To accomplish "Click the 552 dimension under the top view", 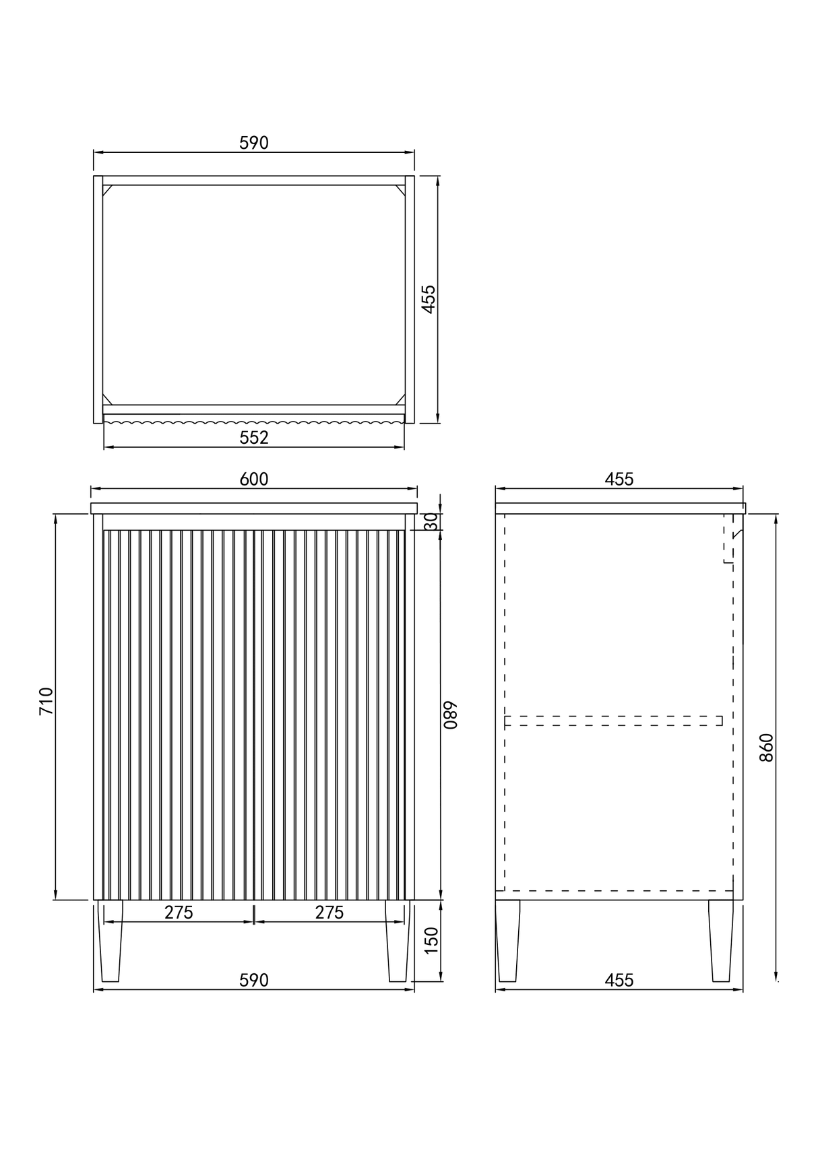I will pyautogui.click(x=254, y=438).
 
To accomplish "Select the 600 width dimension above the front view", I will pyautogui.click(x=254, y=479).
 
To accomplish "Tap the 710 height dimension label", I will pyautogui.click(x=46, y=701).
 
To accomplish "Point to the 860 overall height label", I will pyautogui.click(x=766, y=747).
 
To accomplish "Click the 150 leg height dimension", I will pyautogui.click(x=431, y=940).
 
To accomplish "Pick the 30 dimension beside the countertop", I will pyautogui.click(x=431, y=521).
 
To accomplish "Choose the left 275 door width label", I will pyautogui.click(x=179, y=913).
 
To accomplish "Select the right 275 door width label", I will pyautogui.click(x=329, y=913).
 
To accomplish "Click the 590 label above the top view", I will pyautogui.click(x=254, y=143).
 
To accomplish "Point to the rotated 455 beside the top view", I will pyautogui.click(x=429, y=299).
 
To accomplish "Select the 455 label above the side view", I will pyautogui.click(x=619, y=479).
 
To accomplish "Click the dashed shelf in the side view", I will pyautogui.click(x=613, y=721).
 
